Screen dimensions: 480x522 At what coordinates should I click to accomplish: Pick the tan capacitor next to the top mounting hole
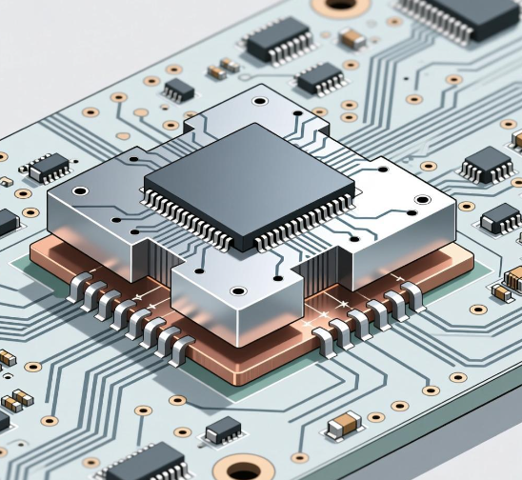[353, 38]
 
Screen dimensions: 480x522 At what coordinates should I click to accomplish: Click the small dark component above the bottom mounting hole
[223, 430]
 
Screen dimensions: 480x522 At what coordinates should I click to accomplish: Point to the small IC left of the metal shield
[49, 168]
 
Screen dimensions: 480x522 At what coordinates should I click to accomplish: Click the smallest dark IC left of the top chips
[178, 90]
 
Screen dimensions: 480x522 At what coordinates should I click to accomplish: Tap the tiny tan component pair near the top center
[224, 67]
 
